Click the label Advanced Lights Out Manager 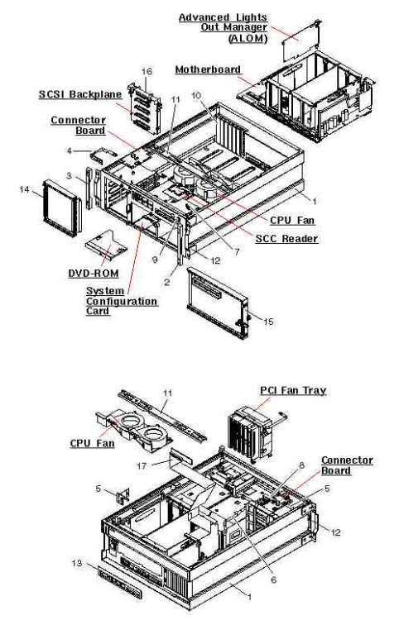pyautogui.click(x=223, y=27)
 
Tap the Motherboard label pyautogui.click(x=208, y=69)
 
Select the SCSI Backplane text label pyautogui.click(x=80, y=94)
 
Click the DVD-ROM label pyautogui.click(x=94, y=274)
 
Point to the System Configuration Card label pyautogui.click(x=122, y=301)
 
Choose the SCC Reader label pyautogui.click(x=286, y=238)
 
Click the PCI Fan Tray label pyautogui.click(x=293, y=390)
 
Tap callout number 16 pyautogui.click(x=147, y=71)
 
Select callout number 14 pyautogui.click(x=25, y=189)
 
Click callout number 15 pyautogui.click(x=268, y=322)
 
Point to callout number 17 pyautogui.click(x=142, y=466)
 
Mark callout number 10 pyautogui.click(x=196, y=96)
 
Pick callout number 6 pyautogui.click(x=273, y=579)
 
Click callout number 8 pyautogui.click(x=301, y=465)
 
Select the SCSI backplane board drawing pyautogui.click(x=145, y=109)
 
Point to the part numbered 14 pyautogui.click(x=62, y=207)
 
